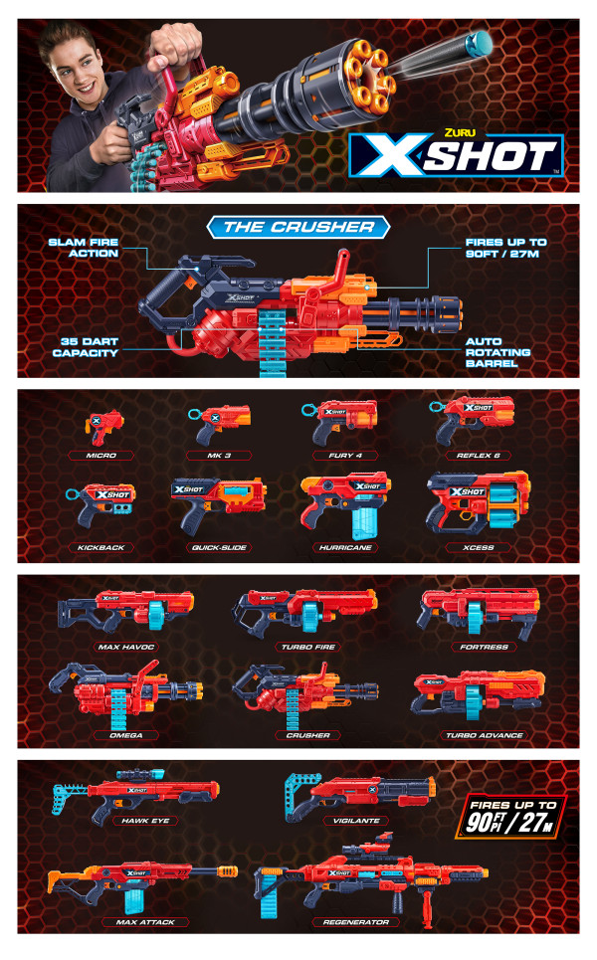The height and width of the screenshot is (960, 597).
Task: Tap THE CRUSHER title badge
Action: click(x=298, y=227)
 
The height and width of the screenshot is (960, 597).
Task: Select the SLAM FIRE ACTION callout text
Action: click(x=84, y=248)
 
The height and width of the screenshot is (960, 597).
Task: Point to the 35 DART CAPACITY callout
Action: click(x=84, y=346)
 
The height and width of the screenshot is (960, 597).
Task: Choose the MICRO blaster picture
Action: click(x=99, y=425)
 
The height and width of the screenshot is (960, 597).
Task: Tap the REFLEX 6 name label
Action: click(x=471, y=456)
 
